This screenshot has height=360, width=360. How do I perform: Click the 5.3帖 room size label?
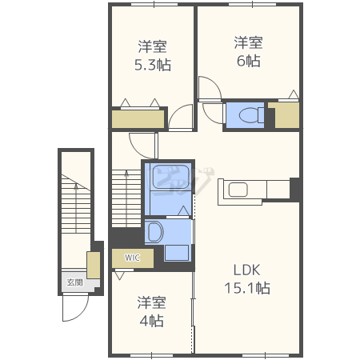coord(153,65)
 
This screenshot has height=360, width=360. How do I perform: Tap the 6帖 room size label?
coord(249,61)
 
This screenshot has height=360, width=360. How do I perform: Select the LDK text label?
coord(246,270)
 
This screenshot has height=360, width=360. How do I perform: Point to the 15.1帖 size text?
coord(247,288)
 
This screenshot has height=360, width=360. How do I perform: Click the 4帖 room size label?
coord(151,321)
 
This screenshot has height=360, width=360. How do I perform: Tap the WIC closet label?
coord(132,258)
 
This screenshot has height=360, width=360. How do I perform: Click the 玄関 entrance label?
coord(74,282)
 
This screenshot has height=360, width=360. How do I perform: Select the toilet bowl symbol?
coord(251,115)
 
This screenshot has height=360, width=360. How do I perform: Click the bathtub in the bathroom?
coord(171,177)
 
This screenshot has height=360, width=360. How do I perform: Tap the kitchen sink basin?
coord(238,190)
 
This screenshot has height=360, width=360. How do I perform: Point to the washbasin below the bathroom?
coord(154,231)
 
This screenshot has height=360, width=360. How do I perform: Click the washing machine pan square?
coord(177,253)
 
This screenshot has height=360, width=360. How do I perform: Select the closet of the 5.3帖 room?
coord(138,119)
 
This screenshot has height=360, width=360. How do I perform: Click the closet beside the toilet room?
coord(287,115)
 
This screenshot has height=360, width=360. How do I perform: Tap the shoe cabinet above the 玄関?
coord(94,265)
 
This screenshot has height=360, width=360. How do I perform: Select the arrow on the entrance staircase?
coord(76,208)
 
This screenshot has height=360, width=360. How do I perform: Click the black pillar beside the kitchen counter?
coord(294,190)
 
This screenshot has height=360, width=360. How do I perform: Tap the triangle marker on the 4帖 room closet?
coord(119,275)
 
